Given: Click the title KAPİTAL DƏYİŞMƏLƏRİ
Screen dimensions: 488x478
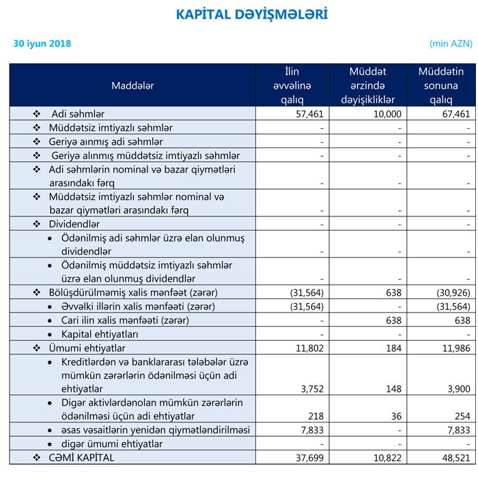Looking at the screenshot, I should [251, 14].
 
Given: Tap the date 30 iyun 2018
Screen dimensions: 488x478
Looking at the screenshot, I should [42, 44].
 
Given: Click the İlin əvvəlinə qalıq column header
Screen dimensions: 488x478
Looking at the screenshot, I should [292, 85].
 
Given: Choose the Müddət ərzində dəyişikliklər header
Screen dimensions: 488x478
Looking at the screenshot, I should [367, 85].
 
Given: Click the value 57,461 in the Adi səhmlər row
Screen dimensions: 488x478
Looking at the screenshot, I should [307, 113].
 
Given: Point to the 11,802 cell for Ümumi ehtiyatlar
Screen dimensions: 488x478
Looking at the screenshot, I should [309, 348].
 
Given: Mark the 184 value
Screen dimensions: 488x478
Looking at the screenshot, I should [392, 348].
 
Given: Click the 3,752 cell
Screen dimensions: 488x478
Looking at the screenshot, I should [311, 389].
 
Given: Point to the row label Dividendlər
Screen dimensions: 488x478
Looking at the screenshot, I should [74, 224].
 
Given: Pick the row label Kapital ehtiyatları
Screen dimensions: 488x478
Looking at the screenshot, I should [100, 334].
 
